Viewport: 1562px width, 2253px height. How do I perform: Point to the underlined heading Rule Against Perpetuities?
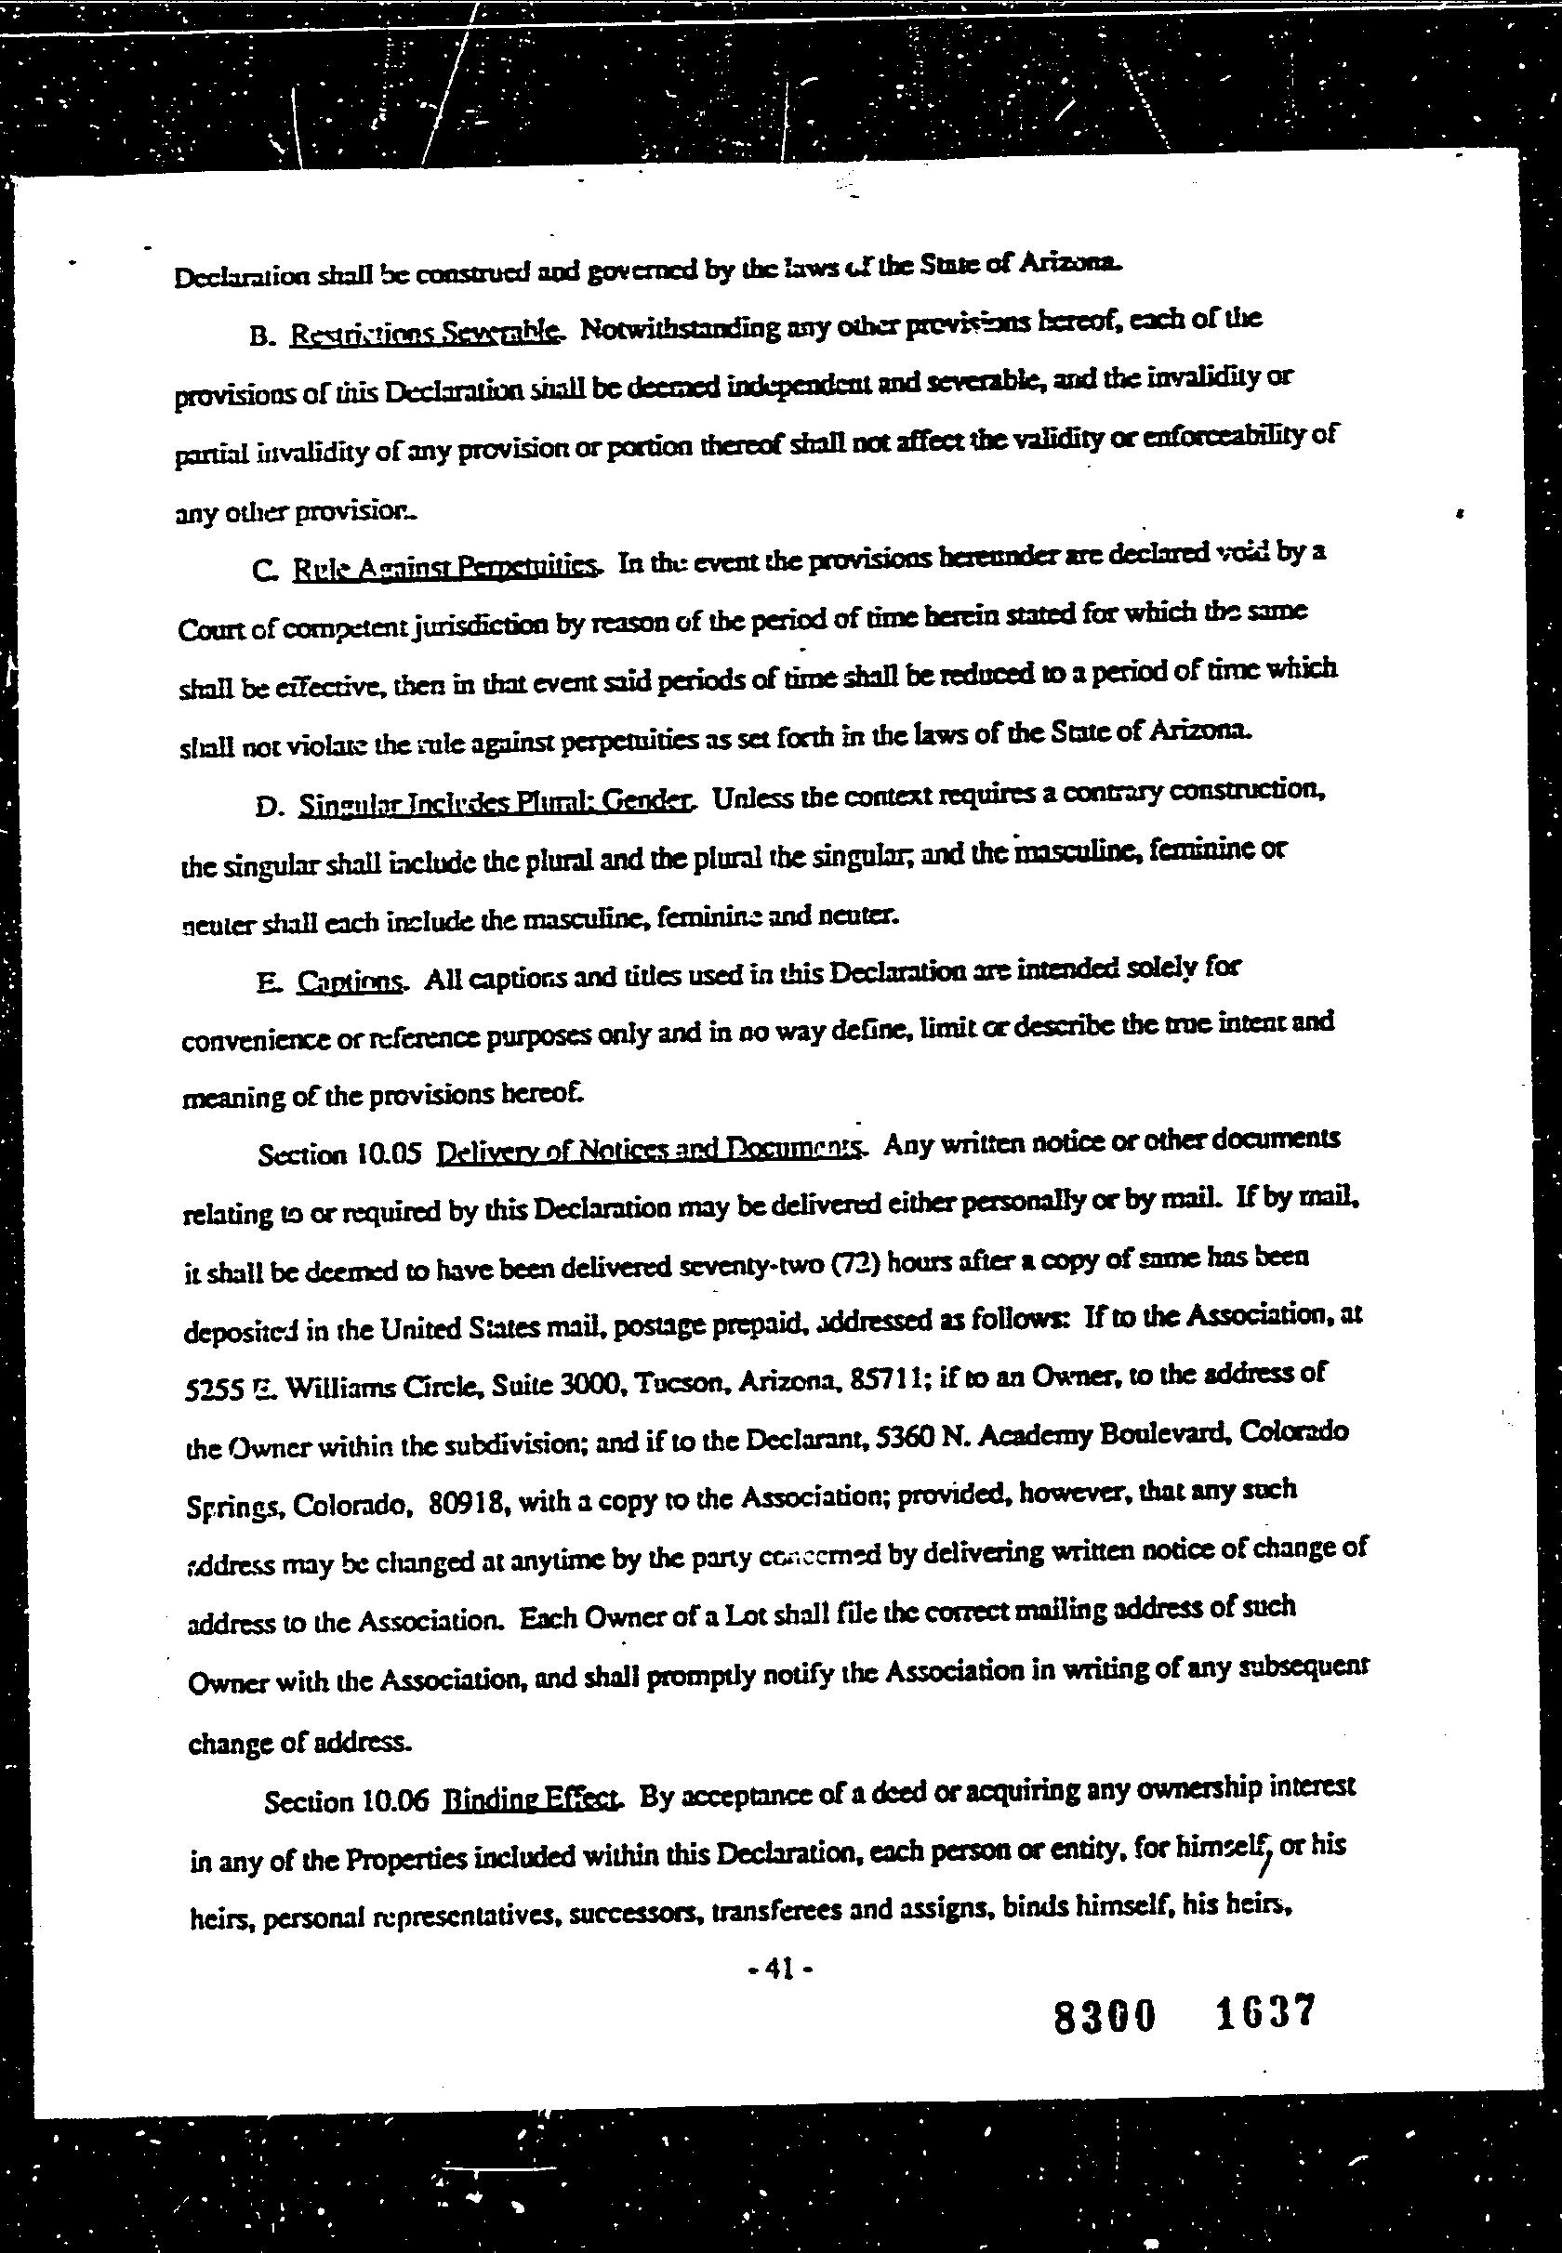(445, 567)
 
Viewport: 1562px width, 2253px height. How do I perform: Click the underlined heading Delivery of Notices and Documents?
(648, 1150)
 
